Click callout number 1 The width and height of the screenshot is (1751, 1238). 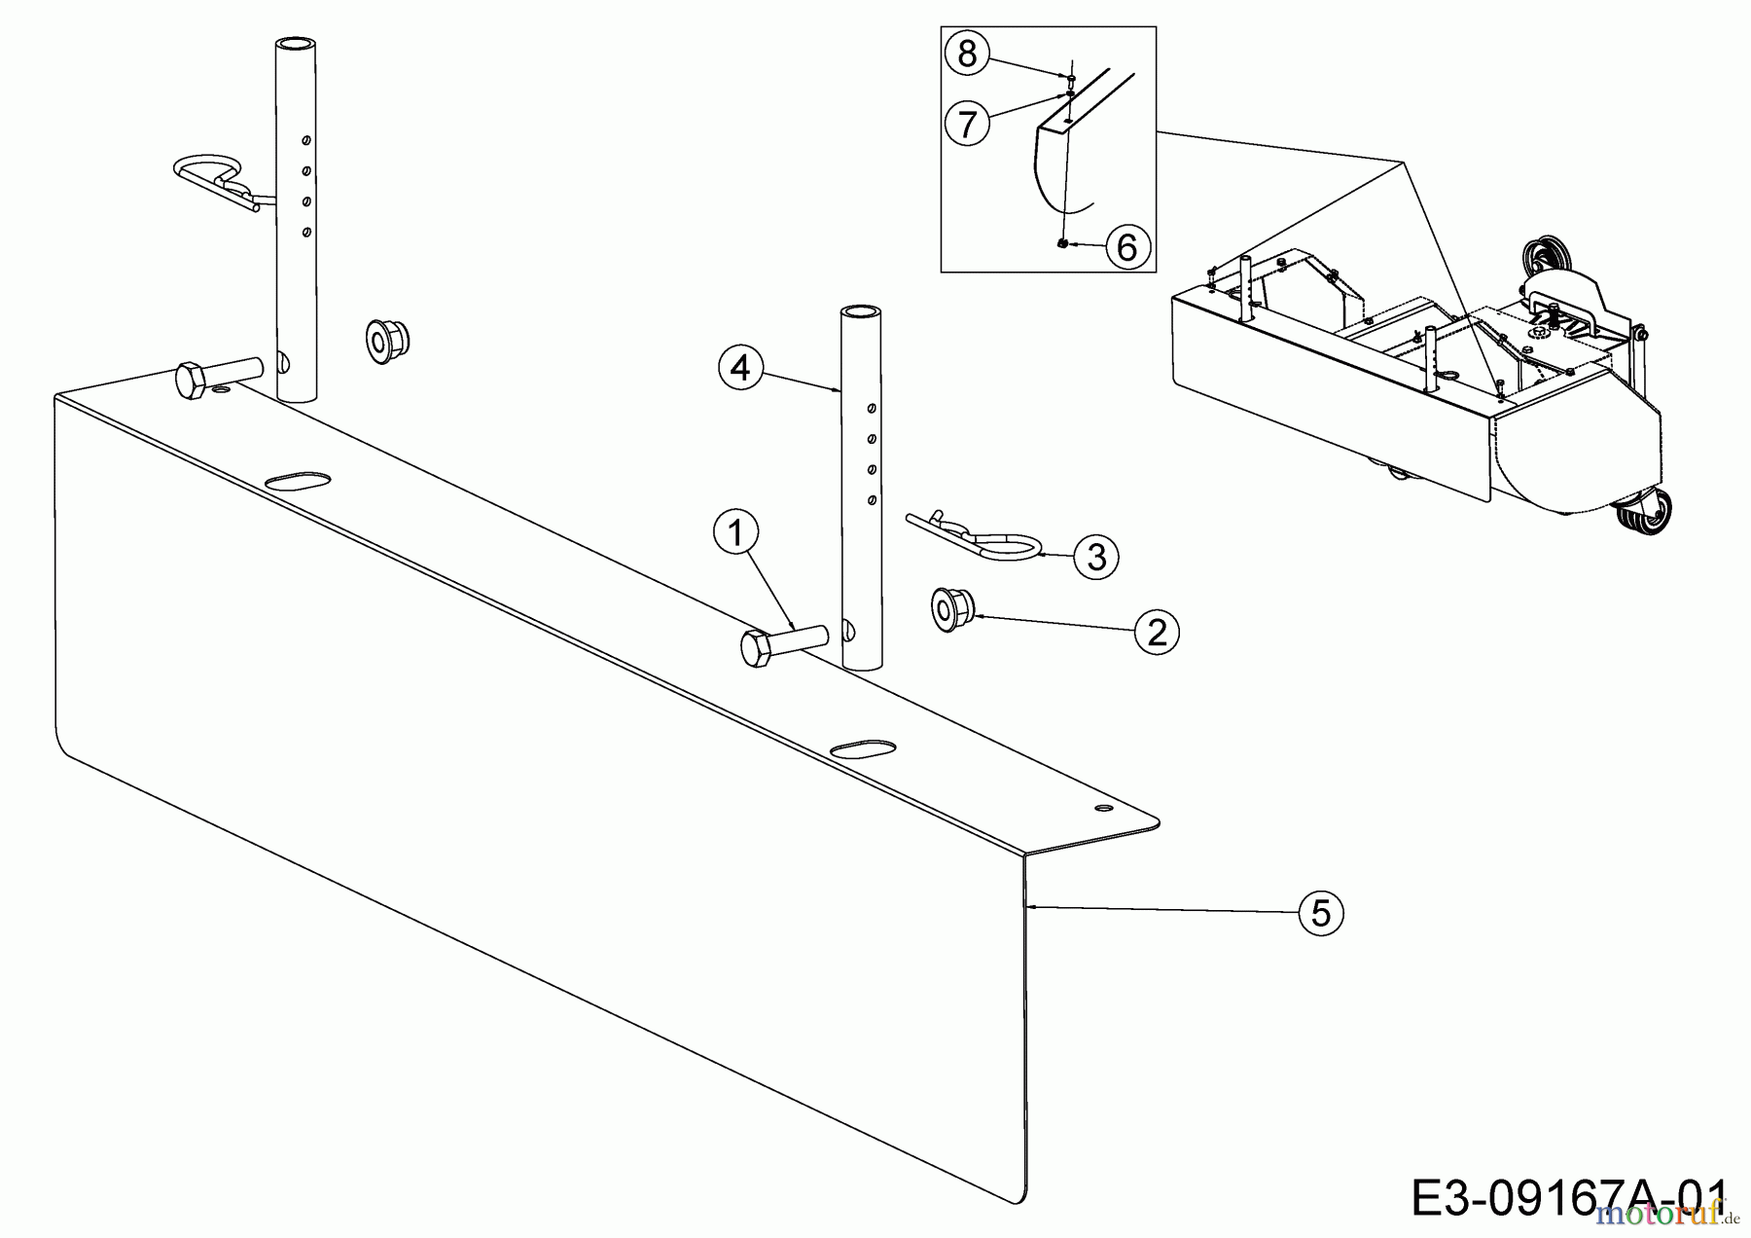[735, 533]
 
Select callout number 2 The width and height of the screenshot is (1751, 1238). [1156, 634]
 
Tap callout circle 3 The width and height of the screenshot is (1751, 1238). [1096, 557]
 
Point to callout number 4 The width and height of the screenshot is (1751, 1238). [740, 369]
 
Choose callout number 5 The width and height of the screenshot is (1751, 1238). [1320, 913]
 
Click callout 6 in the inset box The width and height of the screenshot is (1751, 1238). [1126, 247]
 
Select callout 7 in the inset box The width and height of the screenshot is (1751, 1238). [967, 124]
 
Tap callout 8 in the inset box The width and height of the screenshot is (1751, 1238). [967, 54]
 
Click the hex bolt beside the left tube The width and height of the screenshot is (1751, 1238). [216, 376]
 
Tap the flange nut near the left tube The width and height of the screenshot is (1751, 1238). [386, 340]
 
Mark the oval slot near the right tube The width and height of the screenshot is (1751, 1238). [863, 748]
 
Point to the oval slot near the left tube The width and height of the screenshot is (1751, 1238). [297, 481]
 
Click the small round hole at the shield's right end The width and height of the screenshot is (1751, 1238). [1102, 808]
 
